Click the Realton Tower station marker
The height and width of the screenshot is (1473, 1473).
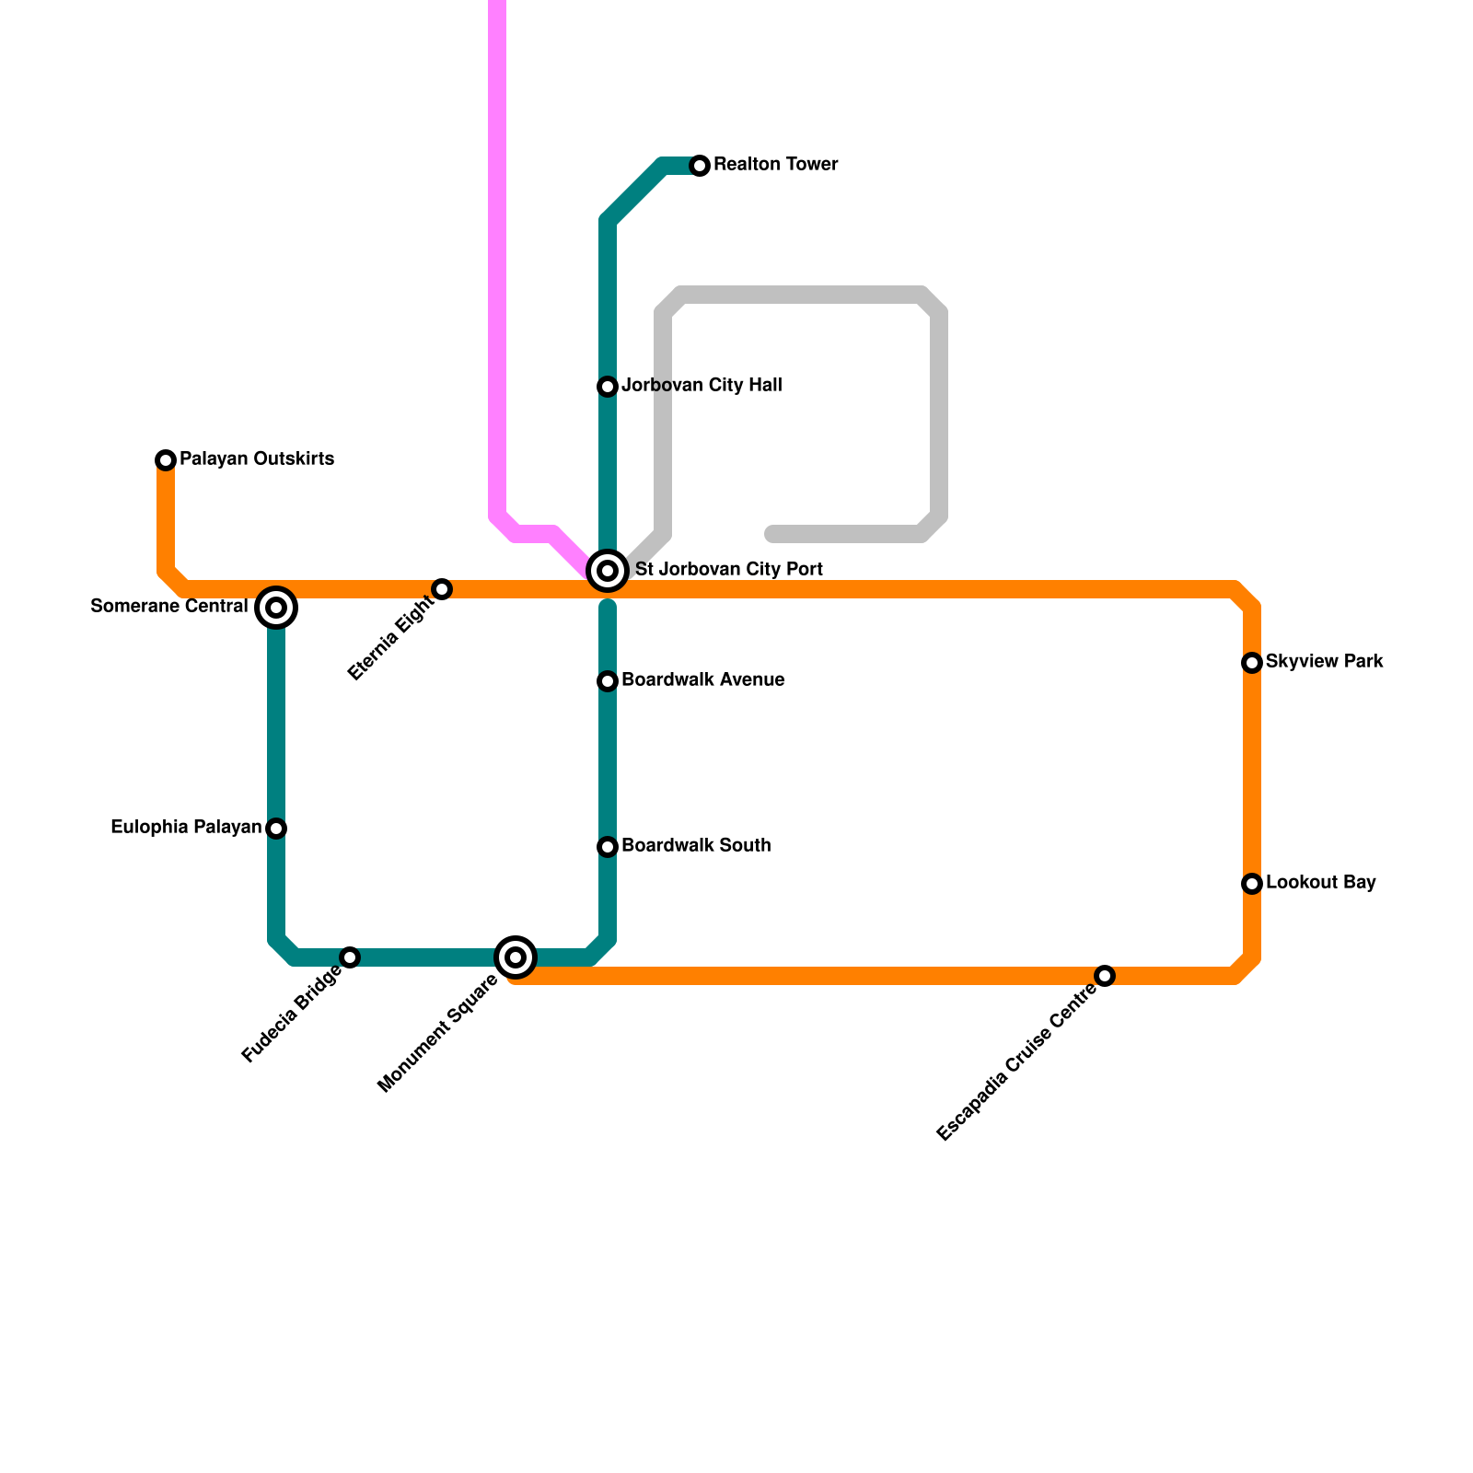(700, 166)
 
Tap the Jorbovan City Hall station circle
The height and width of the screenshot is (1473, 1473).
(608, 387)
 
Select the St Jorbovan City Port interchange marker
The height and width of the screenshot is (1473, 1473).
(608, 571)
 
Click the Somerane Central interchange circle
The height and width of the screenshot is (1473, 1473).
(276, 608)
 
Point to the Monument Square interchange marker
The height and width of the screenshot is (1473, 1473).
(516, 957)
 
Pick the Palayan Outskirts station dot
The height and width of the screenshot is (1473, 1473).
(166, 459)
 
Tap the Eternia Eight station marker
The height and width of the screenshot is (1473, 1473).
(442, 589)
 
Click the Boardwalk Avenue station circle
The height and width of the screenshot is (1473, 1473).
(608, 681)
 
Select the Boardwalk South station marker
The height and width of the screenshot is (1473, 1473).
(608, 847)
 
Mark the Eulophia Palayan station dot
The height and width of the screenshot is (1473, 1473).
(276, 829)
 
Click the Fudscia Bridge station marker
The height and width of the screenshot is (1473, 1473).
(350, 957)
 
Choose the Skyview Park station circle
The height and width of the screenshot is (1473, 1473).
(1252, 663)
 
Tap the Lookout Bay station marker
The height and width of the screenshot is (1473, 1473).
(1252, 884)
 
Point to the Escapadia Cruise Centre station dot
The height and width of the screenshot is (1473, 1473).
(1105, 976)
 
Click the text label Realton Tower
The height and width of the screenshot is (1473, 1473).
(775, 165)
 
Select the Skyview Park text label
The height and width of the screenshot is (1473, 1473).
(1324, 662)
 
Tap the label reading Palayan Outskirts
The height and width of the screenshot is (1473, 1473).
(257, 459)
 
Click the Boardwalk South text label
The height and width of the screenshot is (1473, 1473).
(696, 846)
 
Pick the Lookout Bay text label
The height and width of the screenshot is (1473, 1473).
(1320, 883)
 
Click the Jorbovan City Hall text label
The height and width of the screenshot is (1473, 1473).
(702, 386)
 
